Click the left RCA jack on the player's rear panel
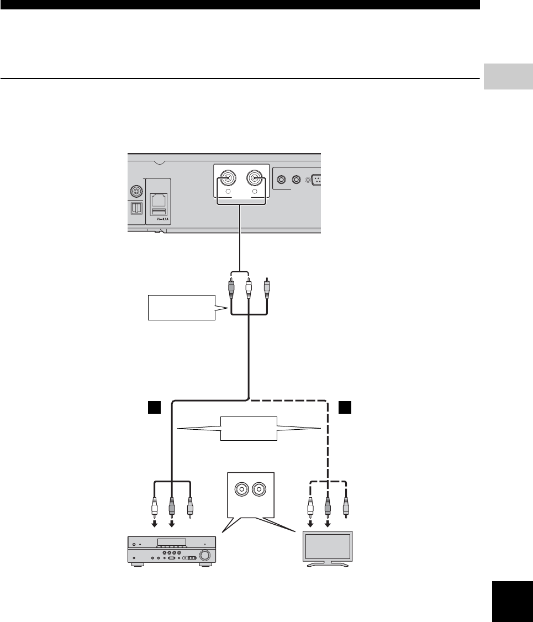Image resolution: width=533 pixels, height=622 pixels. pyautogui.click(x=227, y=178)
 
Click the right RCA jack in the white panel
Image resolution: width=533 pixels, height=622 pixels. pyautogui.click(x=255, y=178)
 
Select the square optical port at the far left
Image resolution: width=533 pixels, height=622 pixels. pyautogui.click(x=135, y=207)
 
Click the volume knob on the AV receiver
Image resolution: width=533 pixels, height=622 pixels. pyautogui.click(x=205, y=555)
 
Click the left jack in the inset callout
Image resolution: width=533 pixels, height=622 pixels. pyautogui.click(x=241, y=489)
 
